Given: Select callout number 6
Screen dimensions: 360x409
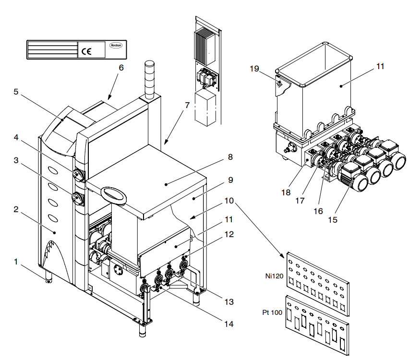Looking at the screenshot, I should (x=121, y=68).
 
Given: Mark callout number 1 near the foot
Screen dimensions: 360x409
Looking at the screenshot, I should (x=16, y=263).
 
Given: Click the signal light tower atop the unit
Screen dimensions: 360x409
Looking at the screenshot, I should (x=148, y=80).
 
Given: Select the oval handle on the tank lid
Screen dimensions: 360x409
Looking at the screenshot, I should (x=114, y=193).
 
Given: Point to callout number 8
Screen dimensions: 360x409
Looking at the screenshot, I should (x=230, y=156).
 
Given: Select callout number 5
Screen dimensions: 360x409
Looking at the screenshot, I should (x=16, y=92).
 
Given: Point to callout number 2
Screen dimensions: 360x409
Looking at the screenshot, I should (x=16, y=209).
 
